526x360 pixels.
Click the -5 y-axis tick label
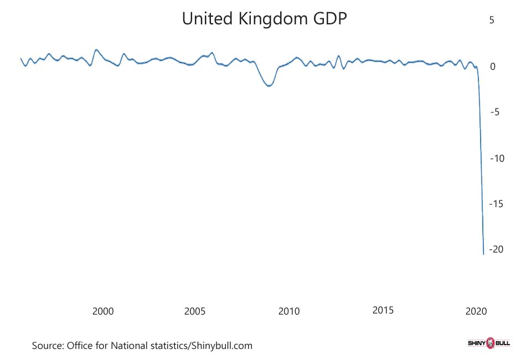click(x=495, y=112)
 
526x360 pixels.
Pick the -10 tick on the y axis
click(x=497, y=158)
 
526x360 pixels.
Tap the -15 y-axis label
click(x=497, y=204)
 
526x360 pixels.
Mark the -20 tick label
click(x=497, y=249)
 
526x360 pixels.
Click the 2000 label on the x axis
click(x=103, y=311)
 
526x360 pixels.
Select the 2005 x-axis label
click(x=195, y=311)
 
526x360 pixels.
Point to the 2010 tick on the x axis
click(x=288, y=311)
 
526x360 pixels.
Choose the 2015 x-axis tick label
click(x=383, y=310)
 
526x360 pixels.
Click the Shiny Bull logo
click(x=489, y=344)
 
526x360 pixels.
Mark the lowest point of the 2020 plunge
click(x=483, y=254)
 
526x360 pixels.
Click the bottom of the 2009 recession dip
click(x=269, y=86)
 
